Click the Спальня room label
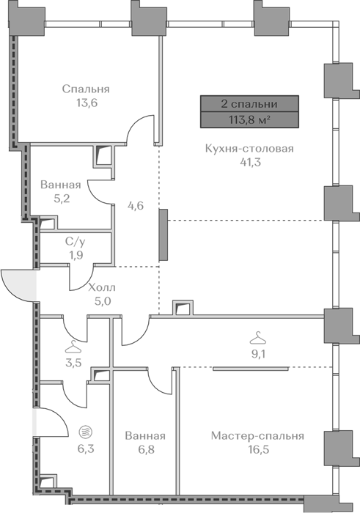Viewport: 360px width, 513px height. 86,89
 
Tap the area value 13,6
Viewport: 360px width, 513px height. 87,103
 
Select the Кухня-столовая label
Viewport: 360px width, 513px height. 249,149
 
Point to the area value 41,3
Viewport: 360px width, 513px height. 250,162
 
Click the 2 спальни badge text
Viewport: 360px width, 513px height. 249,104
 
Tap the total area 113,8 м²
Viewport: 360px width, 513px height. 249,119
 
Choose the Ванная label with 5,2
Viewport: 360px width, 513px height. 61,185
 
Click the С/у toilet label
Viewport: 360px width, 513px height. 76,242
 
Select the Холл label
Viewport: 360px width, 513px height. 102,288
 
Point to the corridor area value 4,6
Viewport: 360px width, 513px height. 136,206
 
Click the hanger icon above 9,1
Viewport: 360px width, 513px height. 258,338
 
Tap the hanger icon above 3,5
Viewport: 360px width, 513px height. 73,347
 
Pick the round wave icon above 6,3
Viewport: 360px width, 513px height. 86,432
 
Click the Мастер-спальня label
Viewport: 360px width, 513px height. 257,436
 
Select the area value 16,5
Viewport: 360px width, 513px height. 259,449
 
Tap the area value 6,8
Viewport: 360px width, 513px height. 145,449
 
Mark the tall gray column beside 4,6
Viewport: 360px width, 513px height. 164,235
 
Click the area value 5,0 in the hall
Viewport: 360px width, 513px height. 103,301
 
